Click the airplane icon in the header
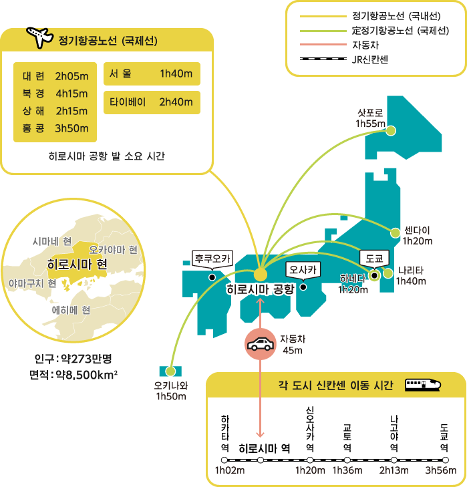coord(39,37)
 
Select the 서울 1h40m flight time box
coord(152,73)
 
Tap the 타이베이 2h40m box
coord(152,102)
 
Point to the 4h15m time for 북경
coord(71,94)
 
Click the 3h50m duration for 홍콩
coord(71,128)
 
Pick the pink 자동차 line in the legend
coord(323,44)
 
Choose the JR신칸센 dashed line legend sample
coord(323,59)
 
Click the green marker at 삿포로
coord(391,131)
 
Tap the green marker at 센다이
coord(396,232)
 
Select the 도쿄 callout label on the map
coord(374,259)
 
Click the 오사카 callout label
coord(303,270)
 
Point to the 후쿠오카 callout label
coord(212,259)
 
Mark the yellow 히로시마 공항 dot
coord(260,275)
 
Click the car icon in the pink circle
coord(260,344)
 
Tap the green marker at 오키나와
coord(170,371)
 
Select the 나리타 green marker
coord(387,274)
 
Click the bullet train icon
coord(422,385)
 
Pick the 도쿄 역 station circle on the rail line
coord(445,460)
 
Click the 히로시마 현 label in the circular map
coord(77,265)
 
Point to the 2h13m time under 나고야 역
coord(394,470)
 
